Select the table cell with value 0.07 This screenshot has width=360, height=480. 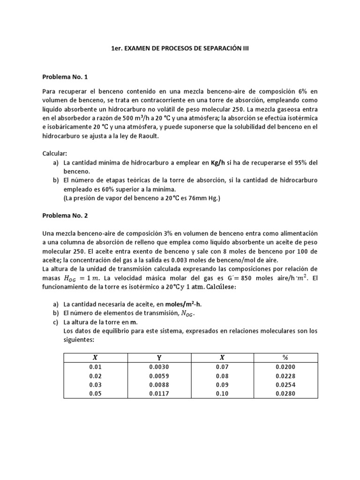tap(222, 367)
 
